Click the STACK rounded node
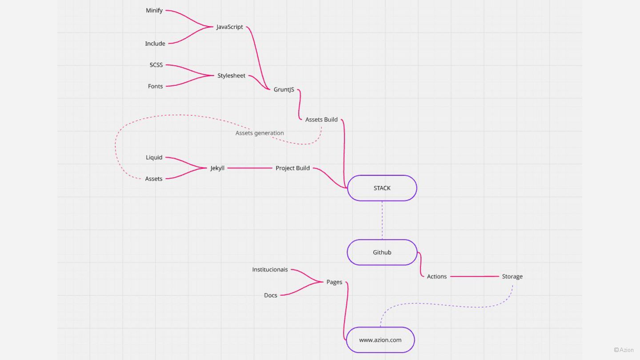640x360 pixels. (382, 188)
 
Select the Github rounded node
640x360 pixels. (382, 252)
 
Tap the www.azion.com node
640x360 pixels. (380, 340)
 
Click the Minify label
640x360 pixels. (154, 10)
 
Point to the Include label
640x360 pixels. (155, 44)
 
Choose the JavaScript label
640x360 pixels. (229, 27)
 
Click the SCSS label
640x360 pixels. (156, 65)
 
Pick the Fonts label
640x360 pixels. (155, 86)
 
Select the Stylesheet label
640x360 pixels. (231, 76)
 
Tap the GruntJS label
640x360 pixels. (284, 90)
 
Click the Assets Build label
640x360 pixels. (321, 120)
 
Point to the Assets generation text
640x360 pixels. (260, 133)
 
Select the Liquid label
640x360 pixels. (154, 157)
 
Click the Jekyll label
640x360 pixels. (217, 168)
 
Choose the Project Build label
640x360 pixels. (292, 168)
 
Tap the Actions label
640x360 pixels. (436, 276)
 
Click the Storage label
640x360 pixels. (512, 276)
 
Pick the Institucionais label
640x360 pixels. (270, 269)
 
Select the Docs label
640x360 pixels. (270, 295)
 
